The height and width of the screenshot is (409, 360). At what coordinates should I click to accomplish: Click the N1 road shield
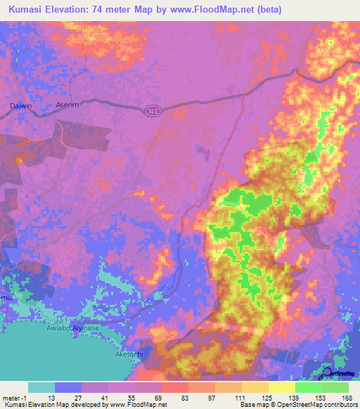coord(153,110)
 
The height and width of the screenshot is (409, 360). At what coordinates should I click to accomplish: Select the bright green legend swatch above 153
coord(309,387)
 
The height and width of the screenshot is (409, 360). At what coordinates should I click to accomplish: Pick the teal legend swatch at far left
coord(41,387)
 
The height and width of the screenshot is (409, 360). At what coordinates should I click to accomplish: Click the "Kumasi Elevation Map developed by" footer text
coord(53,405)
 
